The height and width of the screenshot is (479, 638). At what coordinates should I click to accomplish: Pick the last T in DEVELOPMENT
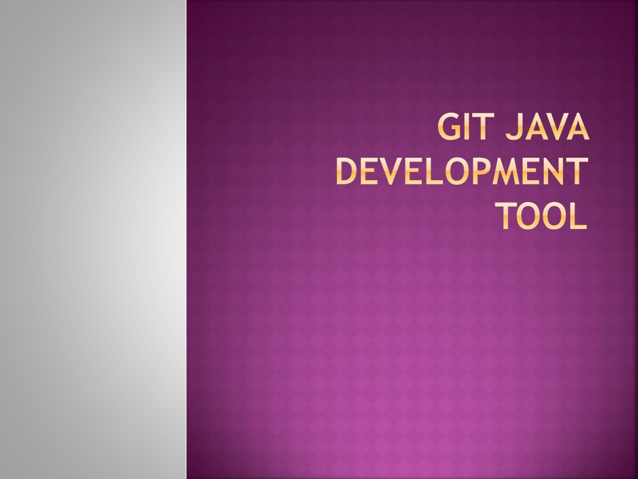[578, 172]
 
